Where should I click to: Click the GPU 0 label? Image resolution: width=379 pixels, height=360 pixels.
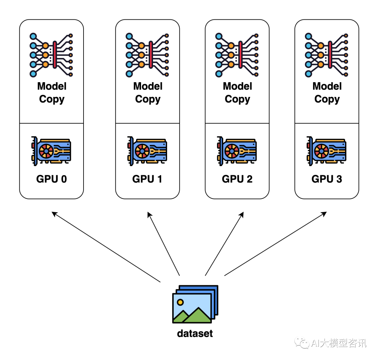click(x=51, y=179)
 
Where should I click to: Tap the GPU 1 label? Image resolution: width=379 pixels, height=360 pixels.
click(x=147, y=179)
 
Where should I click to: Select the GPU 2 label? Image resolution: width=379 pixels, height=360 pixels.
click(x=237, y=179)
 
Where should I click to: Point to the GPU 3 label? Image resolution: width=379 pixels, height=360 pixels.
click(x=327, y=179)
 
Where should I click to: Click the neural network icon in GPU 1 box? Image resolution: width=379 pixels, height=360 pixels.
click(x=147, y=55)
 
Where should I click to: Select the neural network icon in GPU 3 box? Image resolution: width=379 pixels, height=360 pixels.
click(x=327, y=55)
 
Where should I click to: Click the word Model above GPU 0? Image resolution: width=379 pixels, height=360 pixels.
click(x=52, y=86)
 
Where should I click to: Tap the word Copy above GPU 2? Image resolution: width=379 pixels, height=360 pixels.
click(x=237, y=99)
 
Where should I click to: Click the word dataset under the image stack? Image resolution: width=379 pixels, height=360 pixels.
click(x=195, y=333)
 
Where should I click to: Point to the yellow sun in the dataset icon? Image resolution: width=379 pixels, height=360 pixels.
click(x=180, y=302)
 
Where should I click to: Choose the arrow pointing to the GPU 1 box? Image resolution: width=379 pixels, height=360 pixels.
click(x=164, y=244)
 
